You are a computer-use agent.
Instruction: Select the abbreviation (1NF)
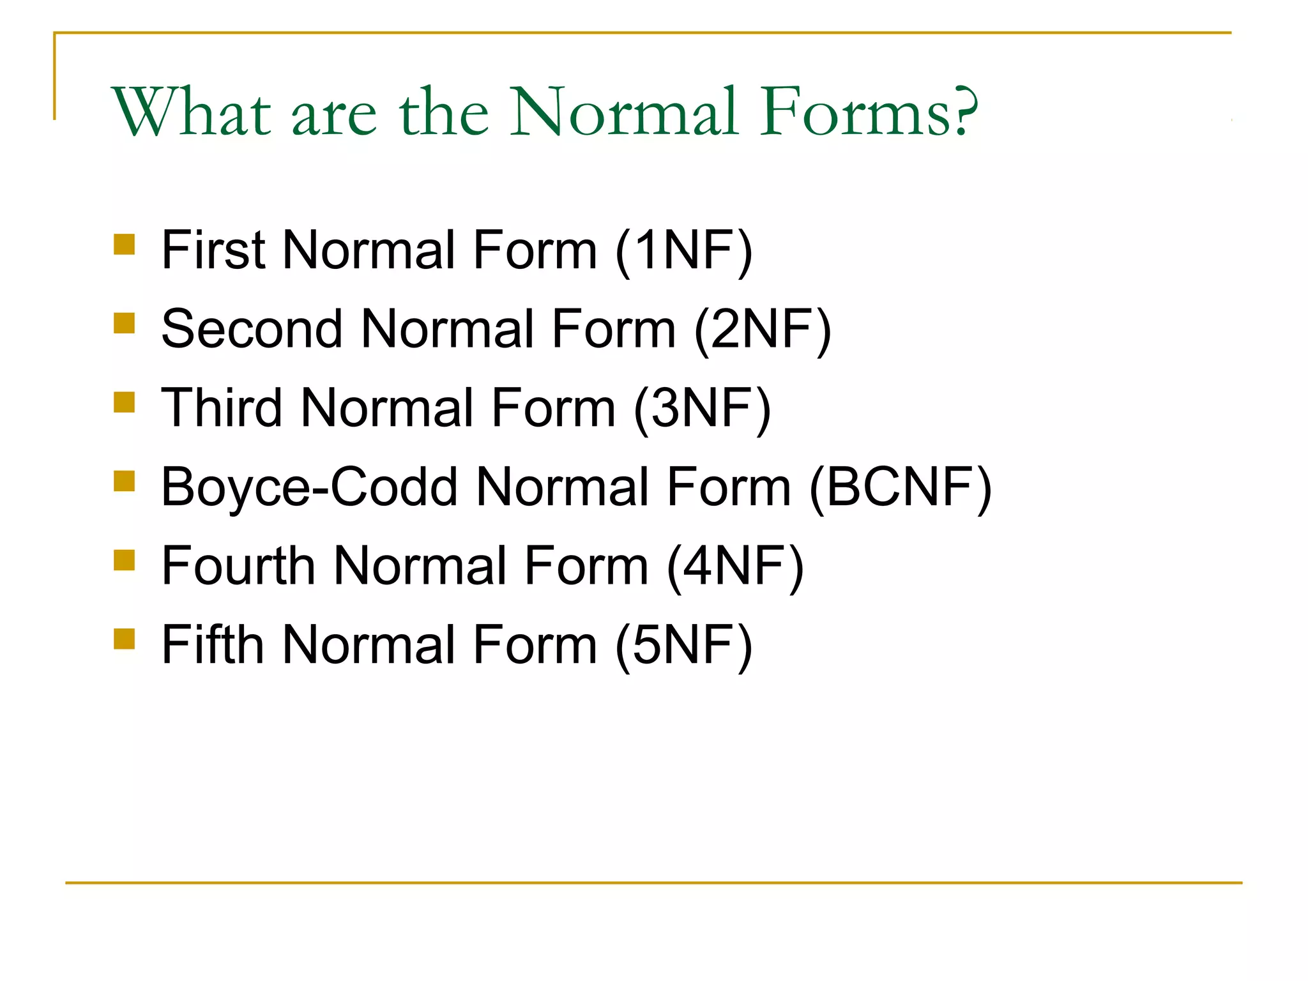(x=684, y=250)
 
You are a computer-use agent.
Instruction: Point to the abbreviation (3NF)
(x=703, y=408)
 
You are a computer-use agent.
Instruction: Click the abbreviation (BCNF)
(x=901, y=487)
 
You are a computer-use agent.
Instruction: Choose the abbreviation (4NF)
(x=735, y=566)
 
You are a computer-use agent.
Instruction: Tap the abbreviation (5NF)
(x=684, y=645)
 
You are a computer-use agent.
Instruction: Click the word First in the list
(x=213, y=250)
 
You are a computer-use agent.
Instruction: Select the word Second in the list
(x=252, y=330)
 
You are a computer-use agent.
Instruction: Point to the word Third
(x=222, y=408)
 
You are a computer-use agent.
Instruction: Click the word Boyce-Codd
(x=310, y=487)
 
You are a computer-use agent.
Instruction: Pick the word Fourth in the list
(x=238, y=566)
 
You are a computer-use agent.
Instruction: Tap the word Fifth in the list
(x=213, y=645)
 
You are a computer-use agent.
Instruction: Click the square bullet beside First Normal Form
(x=125, y=245)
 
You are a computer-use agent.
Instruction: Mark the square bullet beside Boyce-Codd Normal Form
(x=125, y=481)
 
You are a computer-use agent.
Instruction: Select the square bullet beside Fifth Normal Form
(x=125, y=639)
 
